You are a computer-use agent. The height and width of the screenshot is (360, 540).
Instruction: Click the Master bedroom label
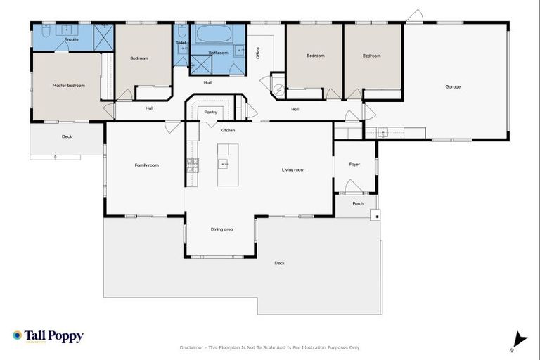click(68, 86)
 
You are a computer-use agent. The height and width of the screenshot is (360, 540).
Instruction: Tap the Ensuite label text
click(71, 40)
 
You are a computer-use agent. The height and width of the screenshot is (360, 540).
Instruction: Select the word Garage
click(453, 86)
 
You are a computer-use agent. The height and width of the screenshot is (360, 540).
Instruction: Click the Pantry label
click(210, 112)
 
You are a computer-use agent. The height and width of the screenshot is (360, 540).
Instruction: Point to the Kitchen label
click(227, 131)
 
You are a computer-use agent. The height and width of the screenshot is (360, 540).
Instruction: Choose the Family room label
click(147, 165)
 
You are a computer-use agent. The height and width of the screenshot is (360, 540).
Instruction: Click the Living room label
click(293, 169)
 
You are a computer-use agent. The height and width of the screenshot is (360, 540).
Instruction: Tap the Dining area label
click(222, 229)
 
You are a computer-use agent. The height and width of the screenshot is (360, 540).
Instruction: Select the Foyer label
click(354, 165)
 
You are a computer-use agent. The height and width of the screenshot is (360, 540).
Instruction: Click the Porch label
click(358, 203)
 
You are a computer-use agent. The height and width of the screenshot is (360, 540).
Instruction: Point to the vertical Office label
click(258, 53)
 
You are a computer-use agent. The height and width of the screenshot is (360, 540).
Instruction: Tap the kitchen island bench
click(227, 165)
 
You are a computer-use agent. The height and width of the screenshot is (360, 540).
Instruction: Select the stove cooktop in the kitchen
click(193, 165)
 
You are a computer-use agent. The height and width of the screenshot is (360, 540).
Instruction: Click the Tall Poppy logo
click(48, 336)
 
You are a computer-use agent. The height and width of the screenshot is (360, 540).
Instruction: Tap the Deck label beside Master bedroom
click(67, 136)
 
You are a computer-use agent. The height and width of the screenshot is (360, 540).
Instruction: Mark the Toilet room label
click(181, 43)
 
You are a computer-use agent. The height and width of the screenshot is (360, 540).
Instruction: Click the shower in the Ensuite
click(103, 35)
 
